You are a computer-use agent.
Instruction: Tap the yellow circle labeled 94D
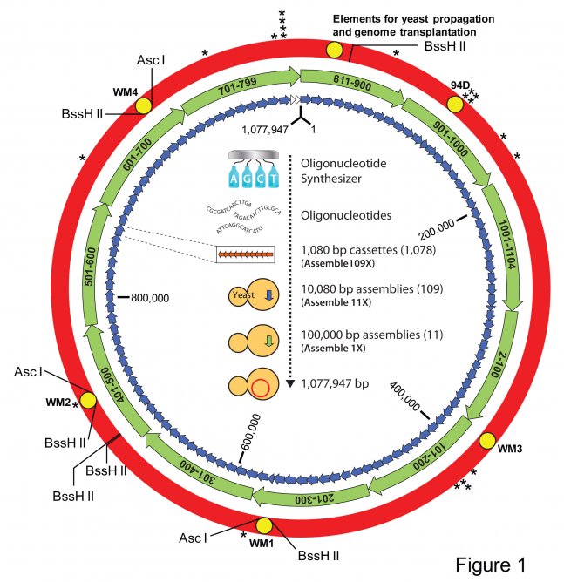[455, 104]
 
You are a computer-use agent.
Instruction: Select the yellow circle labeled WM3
[486, 440]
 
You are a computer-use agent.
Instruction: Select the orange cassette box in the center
[247, 254]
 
